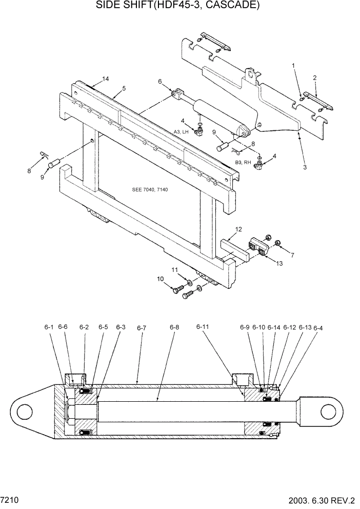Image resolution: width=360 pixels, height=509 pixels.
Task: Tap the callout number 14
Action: tap(105, 79)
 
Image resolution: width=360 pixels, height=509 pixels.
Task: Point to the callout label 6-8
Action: tap(174, 327)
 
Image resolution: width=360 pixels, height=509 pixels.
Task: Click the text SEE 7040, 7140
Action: tap(150, 190)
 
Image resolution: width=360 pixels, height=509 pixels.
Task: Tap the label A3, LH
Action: tap(181, 132)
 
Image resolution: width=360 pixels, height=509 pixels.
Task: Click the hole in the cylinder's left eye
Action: tap(24, 412)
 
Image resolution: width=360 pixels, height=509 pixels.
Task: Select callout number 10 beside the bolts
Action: tap(160, 279)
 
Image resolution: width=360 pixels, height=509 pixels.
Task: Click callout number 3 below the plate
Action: tap(305, 167)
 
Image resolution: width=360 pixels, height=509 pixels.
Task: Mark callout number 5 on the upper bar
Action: tap(124, 88)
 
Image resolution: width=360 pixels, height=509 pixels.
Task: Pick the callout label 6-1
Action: tap(49, 327)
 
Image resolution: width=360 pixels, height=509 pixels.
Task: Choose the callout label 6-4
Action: tap(318, 328)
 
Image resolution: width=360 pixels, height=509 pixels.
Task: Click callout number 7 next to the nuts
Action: tap(292, 255)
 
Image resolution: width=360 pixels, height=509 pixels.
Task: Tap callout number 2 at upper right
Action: tap(314, 78)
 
